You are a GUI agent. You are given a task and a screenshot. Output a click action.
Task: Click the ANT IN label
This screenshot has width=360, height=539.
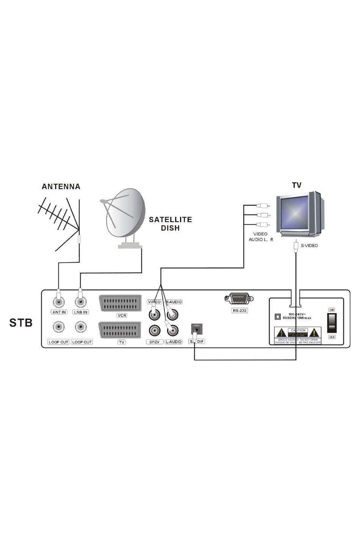[59, 312]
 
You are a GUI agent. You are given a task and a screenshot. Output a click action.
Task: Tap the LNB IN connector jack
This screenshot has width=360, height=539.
[80, 302]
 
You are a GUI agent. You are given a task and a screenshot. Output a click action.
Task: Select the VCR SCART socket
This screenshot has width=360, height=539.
[120, 303]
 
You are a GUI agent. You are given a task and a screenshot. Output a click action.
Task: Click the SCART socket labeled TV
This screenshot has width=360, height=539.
[120, 330]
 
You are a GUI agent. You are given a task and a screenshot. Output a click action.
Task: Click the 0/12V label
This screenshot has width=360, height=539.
[155, 342]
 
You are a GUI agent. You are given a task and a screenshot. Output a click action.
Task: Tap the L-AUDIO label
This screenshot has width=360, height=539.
[174, 342]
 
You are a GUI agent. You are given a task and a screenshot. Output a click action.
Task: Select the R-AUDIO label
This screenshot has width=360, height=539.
[174, 302]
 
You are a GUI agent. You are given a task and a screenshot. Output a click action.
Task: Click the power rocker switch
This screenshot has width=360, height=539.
[332, 323]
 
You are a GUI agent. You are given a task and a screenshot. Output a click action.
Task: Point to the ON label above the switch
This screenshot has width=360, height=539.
[332, 310]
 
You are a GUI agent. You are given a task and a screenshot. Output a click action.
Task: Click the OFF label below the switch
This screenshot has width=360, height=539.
[332, 337]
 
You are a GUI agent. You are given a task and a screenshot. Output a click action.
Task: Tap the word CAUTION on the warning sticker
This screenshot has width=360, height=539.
[298, 331]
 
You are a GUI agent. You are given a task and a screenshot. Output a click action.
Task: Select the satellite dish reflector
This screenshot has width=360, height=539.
[125, 214]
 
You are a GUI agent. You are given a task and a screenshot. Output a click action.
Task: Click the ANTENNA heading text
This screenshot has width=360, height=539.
[61, 186]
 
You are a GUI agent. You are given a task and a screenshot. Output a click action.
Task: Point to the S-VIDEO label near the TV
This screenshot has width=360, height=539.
[309, 246]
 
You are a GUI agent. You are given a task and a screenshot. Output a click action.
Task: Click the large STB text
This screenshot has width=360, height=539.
[21, 323]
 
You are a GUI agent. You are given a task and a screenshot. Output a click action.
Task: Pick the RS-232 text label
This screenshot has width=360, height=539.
[239, 310]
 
